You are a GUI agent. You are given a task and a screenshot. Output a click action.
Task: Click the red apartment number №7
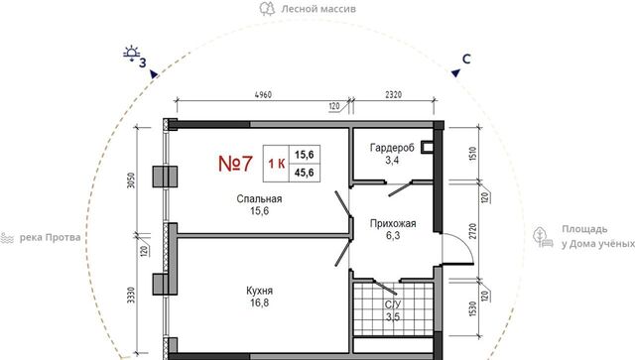coord(235,164)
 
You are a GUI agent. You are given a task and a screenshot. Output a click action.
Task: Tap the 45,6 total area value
coord(305,173)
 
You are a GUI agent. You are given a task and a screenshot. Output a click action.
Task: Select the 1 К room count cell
coord(276,164)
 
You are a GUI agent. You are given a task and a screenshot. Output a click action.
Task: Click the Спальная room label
coord(259,198)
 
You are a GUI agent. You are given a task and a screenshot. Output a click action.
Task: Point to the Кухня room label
coord(259,291)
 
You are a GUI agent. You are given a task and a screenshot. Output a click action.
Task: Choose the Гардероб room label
coord(392,148)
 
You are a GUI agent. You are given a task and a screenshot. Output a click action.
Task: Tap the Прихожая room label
coord(393,223)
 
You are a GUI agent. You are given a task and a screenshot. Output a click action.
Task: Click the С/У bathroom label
coord(393,304)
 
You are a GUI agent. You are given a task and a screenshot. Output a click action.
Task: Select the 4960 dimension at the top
coord(263,95)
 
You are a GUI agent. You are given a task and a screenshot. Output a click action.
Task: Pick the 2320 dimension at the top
coord(393,95)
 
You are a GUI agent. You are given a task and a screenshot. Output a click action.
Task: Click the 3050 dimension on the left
coord(131,180)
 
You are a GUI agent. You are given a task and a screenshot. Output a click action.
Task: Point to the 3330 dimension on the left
coord(131,296)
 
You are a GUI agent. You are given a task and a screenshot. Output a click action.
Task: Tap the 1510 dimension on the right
coord(472,154)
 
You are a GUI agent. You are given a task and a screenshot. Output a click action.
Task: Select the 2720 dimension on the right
coord(472,231)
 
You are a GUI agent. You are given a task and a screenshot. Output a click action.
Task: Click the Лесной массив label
coord(318,9)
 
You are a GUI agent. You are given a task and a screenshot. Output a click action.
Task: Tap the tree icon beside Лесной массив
coord(267,8)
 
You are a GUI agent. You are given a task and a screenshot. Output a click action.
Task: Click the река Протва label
coord(51,237)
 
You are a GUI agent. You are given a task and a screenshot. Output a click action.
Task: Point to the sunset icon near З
coord(132,53)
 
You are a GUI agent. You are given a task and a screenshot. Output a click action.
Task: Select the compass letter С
coord(466,60)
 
